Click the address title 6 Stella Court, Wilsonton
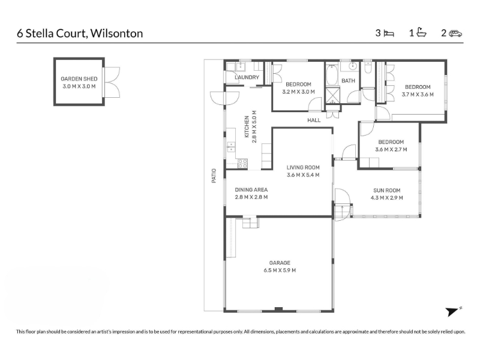pyautogui.click(x=80, y=34)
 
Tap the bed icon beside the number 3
pyautogui.click(x=389, y=34)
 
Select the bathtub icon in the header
pyautogui.click(x=422, y=32)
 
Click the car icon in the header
pyautogui.click(x=455, y=34)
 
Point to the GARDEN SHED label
pyautogui.click(x=79, y=79)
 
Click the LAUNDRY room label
pyautogui.click(x=247, y=77)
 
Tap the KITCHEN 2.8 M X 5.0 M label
pyautogui.click(x=250, y=127)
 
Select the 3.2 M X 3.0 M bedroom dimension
pyautogui.click(x=298, y=92)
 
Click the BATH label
pyautogui.click(x=349, y=81)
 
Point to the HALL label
pyautogui.click(x=314, y=121)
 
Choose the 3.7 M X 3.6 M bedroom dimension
pyautogui.click(x=418, y=95)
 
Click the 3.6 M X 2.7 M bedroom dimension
pyautogui.click(x=391, y=149)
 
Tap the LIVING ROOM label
pyautogui.click(x=303, y=167)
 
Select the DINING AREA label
pyautogui.click(x=251, y=190)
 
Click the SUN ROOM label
pyautogui.click(x=386, y=190)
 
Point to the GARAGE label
pyautogui.click(x=280, y=263)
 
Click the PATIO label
pyautogui.click(x=214, y=176)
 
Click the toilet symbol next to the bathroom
pyautogui.click(x=368, y=67)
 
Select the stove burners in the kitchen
pyautogui.click(x=243, y=164)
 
